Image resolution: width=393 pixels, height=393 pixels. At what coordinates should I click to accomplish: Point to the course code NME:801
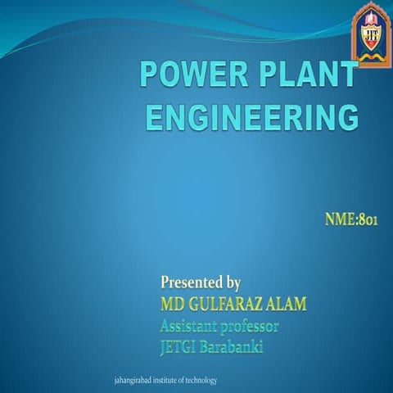point(350,219)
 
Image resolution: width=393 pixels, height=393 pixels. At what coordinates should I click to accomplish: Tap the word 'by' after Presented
point(232,284)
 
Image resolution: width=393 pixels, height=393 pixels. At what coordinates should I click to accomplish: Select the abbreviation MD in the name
point(173,305)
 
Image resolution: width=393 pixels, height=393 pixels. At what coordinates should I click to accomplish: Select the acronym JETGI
point(180,346)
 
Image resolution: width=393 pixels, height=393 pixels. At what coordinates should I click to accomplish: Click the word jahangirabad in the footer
point(136,381)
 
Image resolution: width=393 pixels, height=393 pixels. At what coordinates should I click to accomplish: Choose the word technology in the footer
point(201,381)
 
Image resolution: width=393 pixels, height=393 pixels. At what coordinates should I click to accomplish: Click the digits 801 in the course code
point(368,219)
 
